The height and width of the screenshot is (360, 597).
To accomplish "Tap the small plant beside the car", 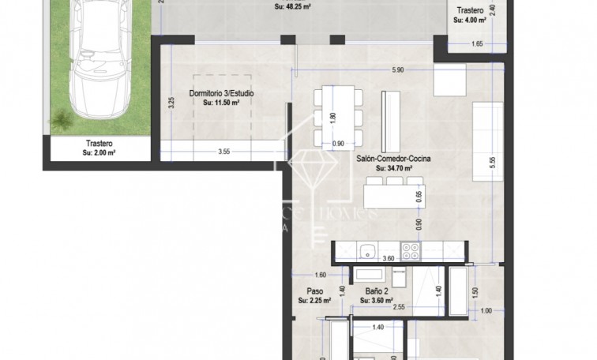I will pos(61,120).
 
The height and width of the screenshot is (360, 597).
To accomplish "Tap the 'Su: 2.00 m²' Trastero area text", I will pos(99,153).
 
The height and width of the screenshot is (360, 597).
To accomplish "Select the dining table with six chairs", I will pos(338,117).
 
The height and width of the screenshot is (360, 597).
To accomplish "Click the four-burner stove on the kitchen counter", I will pos(411,251).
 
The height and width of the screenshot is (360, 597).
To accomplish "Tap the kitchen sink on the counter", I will pos(366,252).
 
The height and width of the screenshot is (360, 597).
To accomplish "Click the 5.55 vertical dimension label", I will pos(492,160).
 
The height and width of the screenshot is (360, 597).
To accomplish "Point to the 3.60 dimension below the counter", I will pos(388,258).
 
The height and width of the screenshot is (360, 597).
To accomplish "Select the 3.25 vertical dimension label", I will pos(171,103).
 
